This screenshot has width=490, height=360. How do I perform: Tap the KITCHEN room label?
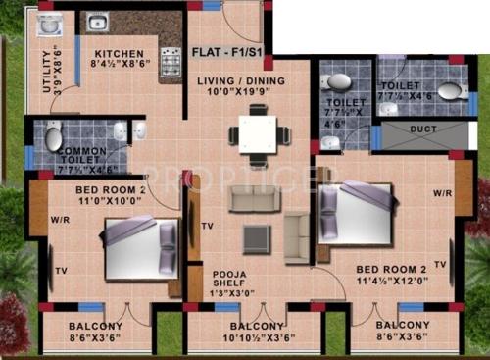121,54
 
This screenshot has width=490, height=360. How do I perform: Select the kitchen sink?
96,22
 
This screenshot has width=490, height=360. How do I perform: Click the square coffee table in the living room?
258,236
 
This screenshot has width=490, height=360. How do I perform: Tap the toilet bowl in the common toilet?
53,135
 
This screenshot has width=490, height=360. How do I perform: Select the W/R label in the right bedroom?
441,193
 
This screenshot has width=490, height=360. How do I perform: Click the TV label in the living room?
207,226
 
